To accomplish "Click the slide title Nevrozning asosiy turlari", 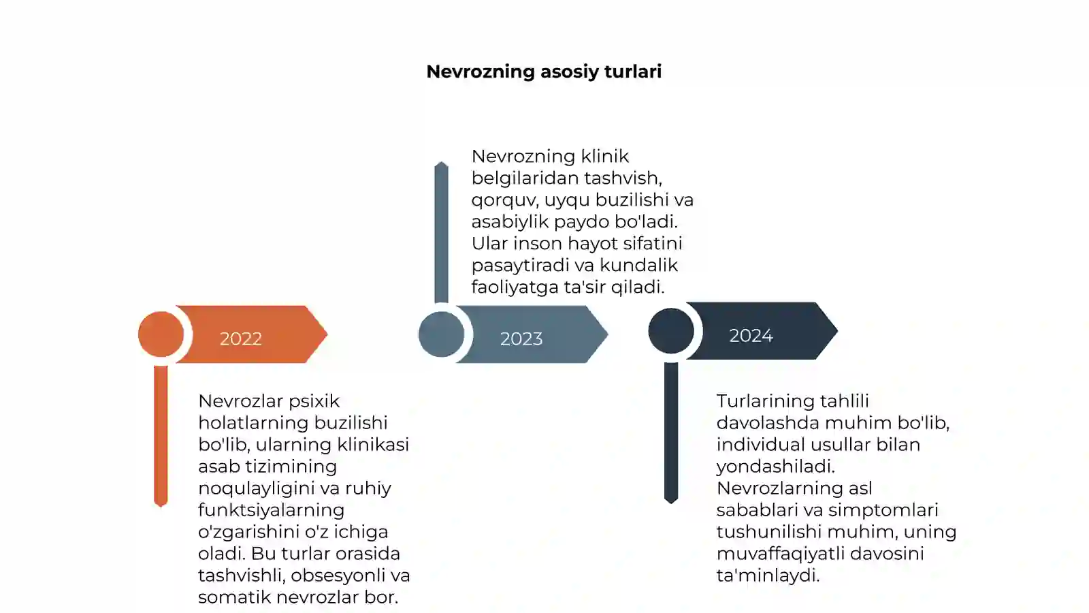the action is (544, 72).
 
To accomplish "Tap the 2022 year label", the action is (241, 339).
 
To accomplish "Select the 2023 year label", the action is (521, 339).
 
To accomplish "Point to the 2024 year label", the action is (751, 336).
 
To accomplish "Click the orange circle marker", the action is (161, 334).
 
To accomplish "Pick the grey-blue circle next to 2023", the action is (442, 334).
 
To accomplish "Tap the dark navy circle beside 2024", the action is (671, 331).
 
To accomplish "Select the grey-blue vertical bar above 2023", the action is (442, 232).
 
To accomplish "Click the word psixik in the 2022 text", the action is (314, 401).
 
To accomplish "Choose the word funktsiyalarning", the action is (272, 510).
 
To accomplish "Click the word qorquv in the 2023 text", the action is (504, 200).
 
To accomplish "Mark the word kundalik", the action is (639, 265).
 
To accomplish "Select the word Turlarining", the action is (765, 401).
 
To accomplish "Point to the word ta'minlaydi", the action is (768, 576).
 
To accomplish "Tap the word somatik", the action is (231, 597).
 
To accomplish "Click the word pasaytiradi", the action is (520, 265).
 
